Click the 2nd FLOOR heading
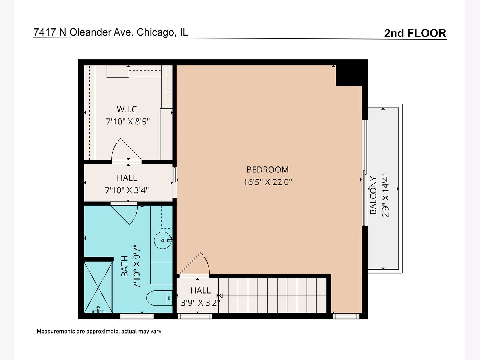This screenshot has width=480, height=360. (415, 33)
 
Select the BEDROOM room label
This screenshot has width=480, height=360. (268, 170)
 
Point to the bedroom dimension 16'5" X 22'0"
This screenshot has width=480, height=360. (268, 182)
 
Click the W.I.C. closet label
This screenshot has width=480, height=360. (128, 109)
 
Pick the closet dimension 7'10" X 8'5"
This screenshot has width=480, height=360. (128, 121)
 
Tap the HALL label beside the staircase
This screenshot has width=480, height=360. (200, 290)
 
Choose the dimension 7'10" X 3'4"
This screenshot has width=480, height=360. (127, 190)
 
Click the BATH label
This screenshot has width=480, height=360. (124, 266)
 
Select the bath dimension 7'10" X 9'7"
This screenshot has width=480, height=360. (136, 266)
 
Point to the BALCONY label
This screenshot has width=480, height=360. (373, 195)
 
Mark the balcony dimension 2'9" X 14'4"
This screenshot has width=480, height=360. (386, 195)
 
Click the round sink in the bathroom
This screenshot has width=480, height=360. (163, 240)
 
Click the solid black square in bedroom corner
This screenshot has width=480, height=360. (349, 76)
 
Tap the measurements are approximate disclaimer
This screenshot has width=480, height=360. (99, 331)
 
